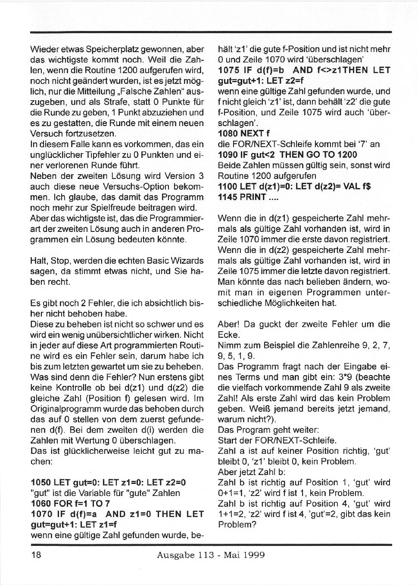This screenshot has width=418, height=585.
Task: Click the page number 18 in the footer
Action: point(36,555)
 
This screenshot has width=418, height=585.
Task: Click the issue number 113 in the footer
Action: point(206,555)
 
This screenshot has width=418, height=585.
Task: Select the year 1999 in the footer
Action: point(254,555)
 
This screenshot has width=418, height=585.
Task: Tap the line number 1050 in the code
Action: point(41,483)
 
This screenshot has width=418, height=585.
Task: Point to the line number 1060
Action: point(41,504)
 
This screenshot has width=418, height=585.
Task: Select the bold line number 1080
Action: point(228,133)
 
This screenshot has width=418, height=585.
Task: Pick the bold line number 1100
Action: point(228,186)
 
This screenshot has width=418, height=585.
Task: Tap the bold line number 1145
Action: point(228,197)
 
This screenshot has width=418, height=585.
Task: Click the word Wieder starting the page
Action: point(44,49)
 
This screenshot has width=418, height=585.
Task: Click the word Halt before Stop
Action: point(38,261)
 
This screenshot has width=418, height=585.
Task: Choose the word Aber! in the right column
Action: point(228,324)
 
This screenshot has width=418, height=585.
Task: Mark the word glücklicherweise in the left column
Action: point(89,451)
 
